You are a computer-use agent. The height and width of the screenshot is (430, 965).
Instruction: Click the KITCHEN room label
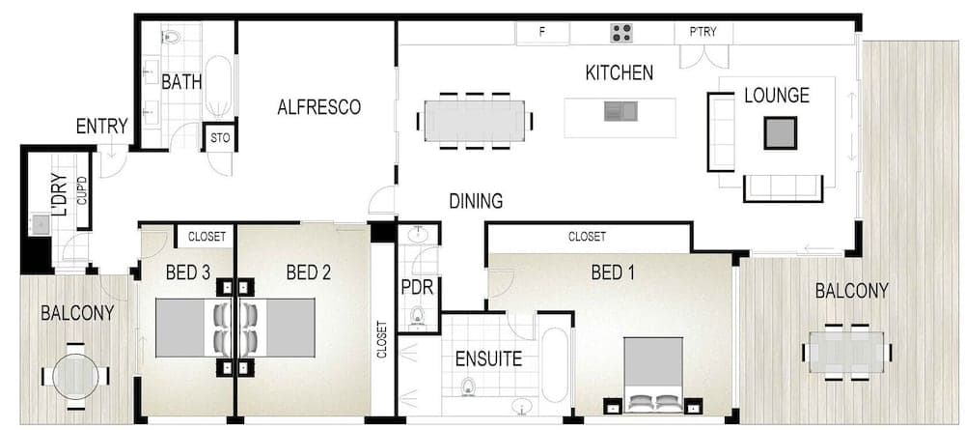coord(620,72)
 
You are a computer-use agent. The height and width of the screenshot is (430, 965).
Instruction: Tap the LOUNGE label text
coord(776,96)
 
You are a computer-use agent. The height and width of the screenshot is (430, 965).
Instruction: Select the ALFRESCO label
coord(318,106)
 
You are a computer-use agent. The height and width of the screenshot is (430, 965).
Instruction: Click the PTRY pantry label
coord(703,32)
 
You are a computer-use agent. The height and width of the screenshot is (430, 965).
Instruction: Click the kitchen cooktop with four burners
coord(621,33)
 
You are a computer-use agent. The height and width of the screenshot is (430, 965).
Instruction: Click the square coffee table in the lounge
coord(781,132)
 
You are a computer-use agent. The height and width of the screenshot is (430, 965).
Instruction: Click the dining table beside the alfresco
coord(475,121)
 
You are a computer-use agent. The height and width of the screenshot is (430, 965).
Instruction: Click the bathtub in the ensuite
coord(556,365)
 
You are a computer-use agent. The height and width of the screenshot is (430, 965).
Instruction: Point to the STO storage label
coord(220,138)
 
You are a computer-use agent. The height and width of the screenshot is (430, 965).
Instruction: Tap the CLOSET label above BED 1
coord(587,237)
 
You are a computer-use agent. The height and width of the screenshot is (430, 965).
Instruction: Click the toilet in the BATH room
coord(171,37)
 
